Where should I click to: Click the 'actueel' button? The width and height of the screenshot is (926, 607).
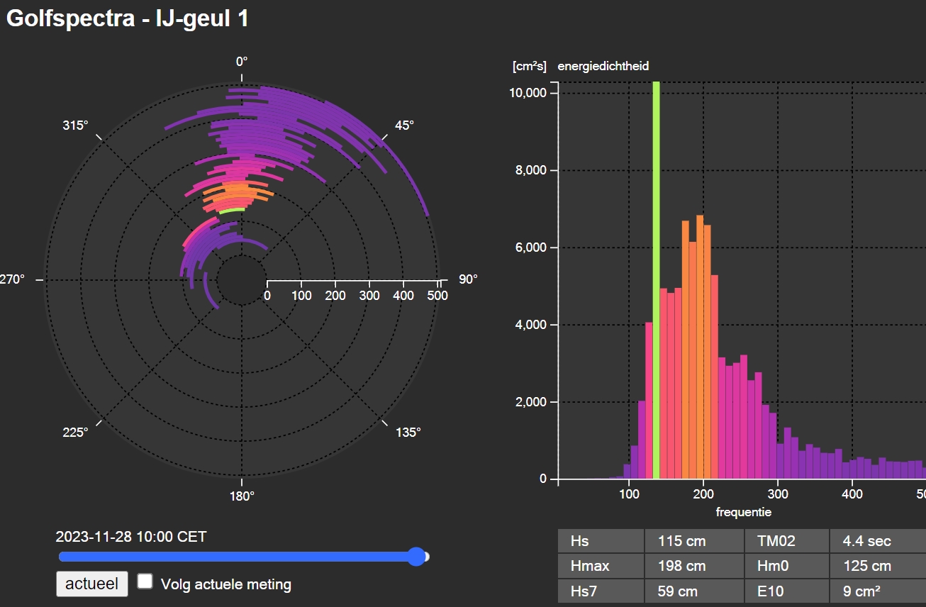(x=91, y=584)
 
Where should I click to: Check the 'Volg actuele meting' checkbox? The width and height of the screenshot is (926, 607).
(x=145, y=581)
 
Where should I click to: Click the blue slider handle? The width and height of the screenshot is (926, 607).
(x=417, y=557)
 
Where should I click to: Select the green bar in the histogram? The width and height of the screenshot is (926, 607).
(x=656, y=280)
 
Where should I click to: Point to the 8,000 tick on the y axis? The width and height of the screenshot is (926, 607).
(x=531, y=170)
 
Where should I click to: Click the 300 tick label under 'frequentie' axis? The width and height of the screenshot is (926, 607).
(x=778, y=494)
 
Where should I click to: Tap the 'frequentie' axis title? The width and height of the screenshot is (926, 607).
(x=744, y=512)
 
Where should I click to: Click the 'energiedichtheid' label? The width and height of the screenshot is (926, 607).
(x=603, y=66)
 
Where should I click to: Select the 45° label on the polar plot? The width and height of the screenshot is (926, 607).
(x=404, y=126)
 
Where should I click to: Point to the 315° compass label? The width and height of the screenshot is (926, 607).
(x=75, y=126)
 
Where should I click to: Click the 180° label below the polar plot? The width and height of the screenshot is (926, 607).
(x=242, y=496)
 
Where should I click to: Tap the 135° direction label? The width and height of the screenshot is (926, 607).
(x=408, y=433)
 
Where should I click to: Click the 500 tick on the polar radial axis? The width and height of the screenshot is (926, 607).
(x=437, y=295)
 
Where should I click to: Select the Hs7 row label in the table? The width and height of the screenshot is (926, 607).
(x=601, y=591)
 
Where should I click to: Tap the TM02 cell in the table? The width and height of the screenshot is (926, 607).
(x=786, y=541)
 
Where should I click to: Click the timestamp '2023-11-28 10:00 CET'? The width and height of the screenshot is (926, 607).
(x=131, y=537)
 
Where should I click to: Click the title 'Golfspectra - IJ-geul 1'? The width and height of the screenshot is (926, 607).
(x=128, y=18)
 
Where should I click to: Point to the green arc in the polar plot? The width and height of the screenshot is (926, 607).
(x=231, y=211)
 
